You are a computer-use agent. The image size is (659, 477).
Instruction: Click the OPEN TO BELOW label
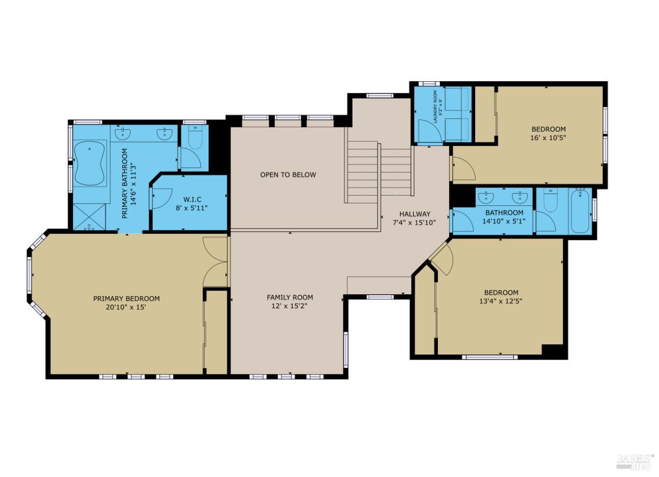[x=288, y=175]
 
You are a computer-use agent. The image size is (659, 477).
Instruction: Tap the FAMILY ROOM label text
[x=290, y=298]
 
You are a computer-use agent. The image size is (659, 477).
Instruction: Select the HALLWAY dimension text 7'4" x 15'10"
[x=414, y=223]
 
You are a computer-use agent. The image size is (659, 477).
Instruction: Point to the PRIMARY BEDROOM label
[x=127, y=299]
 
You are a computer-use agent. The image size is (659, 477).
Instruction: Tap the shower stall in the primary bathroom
[x=89, y=217]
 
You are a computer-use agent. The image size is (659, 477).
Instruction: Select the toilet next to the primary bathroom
[x=195, y=137]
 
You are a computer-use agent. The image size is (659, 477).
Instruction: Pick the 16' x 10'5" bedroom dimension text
[x=548, y=137]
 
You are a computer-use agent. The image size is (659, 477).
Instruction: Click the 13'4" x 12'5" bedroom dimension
[x=501, y=301]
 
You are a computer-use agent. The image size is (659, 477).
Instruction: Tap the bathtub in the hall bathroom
[x=580, y=211]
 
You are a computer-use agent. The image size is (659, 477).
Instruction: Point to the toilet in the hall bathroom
[x=550, y=200]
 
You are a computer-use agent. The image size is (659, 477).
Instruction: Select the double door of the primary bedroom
[x=215, y=261]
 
